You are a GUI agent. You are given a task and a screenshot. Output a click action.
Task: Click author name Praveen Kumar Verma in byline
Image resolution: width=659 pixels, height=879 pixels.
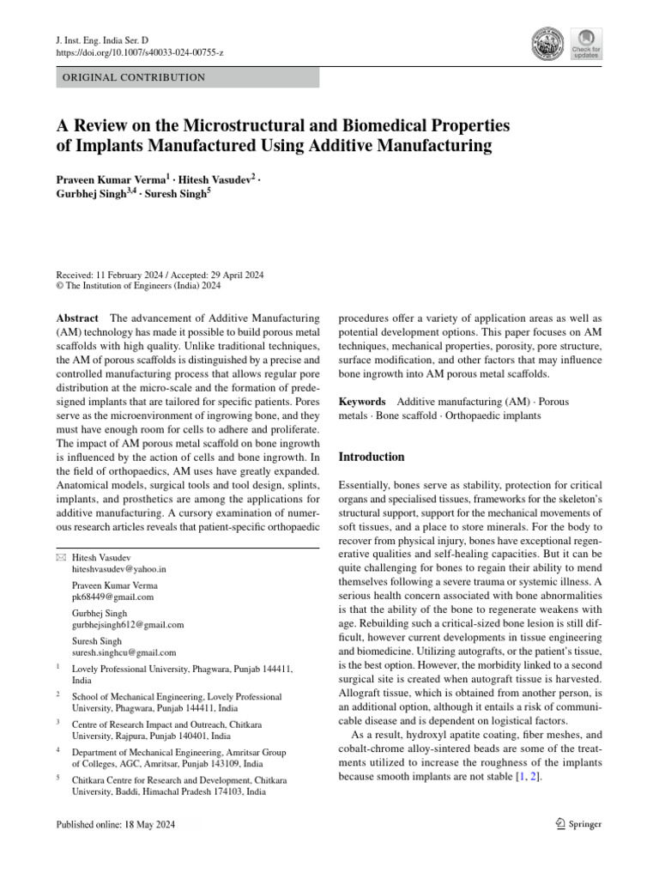point(117,181)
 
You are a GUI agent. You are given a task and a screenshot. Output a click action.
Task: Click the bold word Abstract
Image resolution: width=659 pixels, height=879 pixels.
point(77,318)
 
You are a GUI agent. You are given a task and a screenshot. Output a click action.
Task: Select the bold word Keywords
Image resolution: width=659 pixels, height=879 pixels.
point(362,402)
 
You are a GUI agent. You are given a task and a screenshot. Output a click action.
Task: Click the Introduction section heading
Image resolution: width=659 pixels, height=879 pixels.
point(372,457)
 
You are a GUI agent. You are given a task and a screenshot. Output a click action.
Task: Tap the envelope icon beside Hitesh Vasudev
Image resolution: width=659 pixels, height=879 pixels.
point(59,558)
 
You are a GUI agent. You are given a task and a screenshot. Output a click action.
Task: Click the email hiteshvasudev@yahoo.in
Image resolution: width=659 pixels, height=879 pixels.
point(118,568)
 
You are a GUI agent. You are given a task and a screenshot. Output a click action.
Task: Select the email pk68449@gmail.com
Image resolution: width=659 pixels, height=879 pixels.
point(112,597)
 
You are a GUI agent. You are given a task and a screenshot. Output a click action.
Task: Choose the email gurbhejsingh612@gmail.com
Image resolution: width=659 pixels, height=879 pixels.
point(127,625)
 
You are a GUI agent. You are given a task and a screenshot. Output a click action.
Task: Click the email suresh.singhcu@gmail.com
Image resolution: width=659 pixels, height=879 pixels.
point(124,652)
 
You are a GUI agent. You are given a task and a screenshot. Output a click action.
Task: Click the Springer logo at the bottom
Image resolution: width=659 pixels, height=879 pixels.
point(578,824)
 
